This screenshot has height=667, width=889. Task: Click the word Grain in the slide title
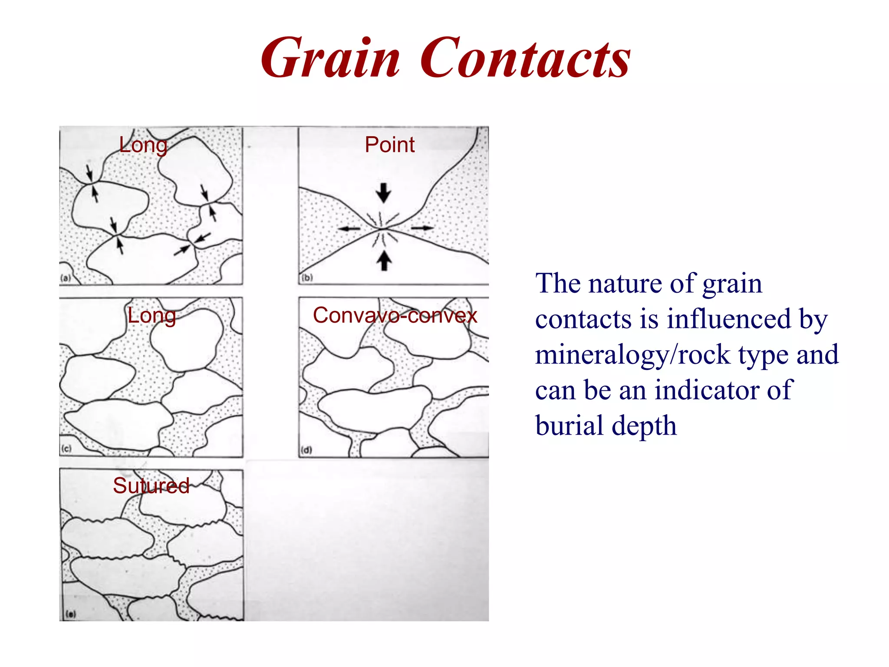click(330, 59)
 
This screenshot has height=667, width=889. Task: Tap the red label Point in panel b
click(389, 145)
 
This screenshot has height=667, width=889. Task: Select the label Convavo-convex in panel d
click(395, 315)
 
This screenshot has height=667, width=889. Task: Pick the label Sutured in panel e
click(151, 485)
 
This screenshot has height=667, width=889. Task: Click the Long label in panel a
click(143, 145)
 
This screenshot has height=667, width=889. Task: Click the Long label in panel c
click(151, 316)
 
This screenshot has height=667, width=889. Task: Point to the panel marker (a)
click(66, 278)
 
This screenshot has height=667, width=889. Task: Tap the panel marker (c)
click(66, 449)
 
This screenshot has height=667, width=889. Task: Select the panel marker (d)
click(306, 449)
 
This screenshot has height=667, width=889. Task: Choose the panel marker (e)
click(70, 614)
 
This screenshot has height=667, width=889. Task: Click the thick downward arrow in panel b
click(383, 192)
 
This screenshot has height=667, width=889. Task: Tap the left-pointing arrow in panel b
click(349, 228)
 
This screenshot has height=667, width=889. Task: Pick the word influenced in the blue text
click(729, 319)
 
